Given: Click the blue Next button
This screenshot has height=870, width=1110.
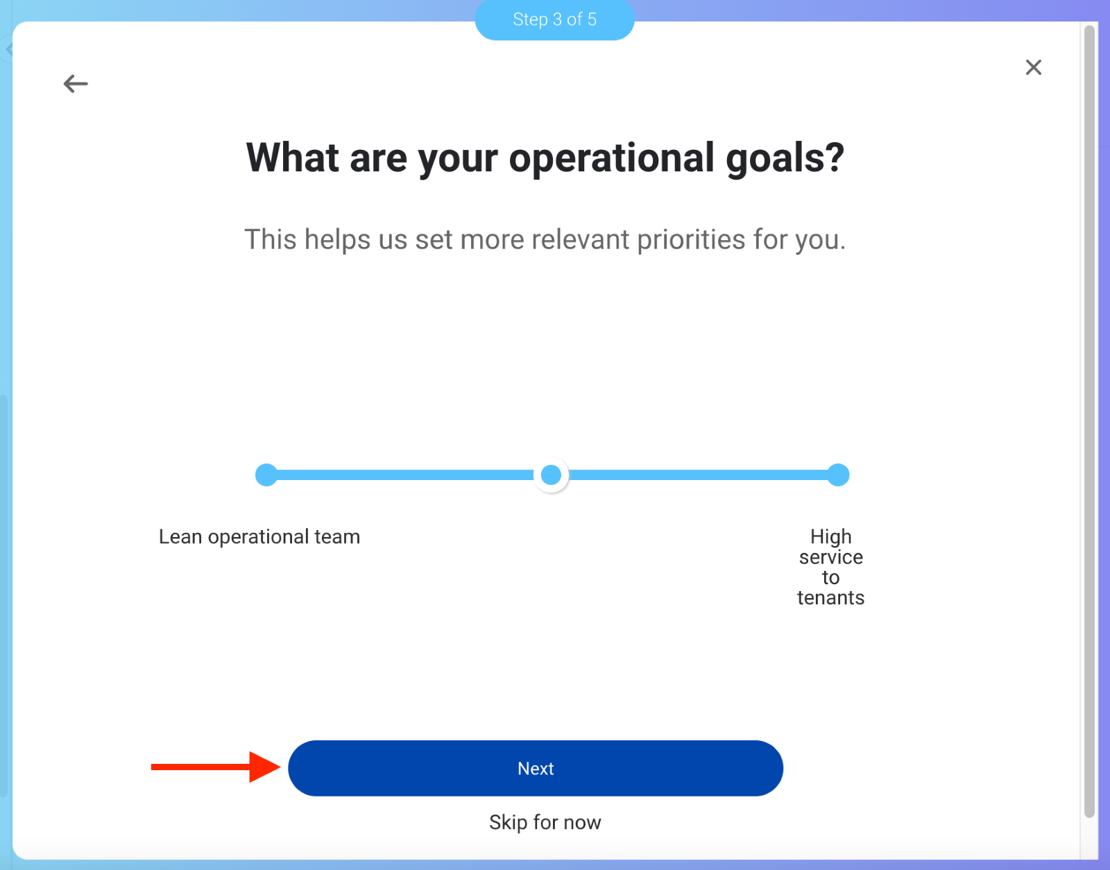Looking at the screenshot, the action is (536, 768).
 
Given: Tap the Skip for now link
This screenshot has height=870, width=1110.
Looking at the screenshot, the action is (545, 823).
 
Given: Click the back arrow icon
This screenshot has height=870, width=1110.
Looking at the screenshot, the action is (76, 84).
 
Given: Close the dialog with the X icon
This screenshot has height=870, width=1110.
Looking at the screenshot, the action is (1034, 67).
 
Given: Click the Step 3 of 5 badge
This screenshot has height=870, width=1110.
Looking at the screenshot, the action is (555, 19).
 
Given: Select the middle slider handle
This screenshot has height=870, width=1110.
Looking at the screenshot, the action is (551, 475).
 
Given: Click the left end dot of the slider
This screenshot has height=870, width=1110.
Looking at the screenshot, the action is (266, 475).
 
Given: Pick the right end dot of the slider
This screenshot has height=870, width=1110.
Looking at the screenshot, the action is (838, 475).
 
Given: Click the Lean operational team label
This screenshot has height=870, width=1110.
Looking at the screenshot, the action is (259, 536).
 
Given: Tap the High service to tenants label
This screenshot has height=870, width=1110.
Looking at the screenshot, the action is (830, 567).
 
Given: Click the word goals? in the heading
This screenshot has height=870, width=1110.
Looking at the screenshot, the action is (785, 159).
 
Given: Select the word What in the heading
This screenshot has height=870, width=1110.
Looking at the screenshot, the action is (292, 157).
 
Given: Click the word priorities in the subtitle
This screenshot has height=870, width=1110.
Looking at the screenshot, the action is (690, 239).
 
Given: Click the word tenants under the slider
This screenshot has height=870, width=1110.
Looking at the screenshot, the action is (830, 598).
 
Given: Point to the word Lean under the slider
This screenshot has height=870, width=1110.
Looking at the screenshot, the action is (180, 536).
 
